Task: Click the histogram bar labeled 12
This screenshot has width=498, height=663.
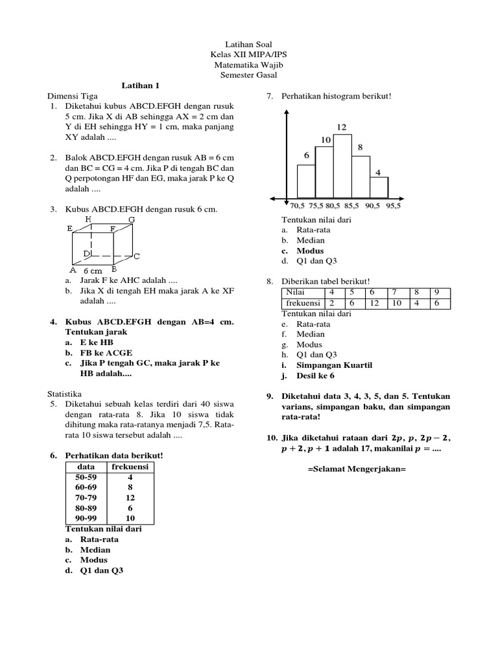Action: pyautogui.click(x=342, y=166)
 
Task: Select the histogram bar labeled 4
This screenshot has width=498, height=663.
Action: pyautogui.click(x=379, y=187)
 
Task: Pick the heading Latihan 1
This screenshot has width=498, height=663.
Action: pyautogui.click(x=141, y=85)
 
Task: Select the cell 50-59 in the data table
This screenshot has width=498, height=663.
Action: pyautogui.click(x=86, y=478)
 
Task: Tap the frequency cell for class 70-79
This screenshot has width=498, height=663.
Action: pyautogui.click(x=130, y=499)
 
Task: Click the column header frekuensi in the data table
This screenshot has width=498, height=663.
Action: pyautogui.click(x=130, y=467)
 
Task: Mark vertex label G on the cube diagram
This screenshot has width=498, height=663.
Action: pyautogui.click(x=132, y=219)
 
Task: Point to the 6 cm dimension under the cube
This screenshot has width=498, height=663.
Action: pyautogui.click(x=93, y=271)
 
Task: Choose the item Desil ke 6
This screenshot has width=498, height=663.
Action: pyautogui.click(x=316, y=376)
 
